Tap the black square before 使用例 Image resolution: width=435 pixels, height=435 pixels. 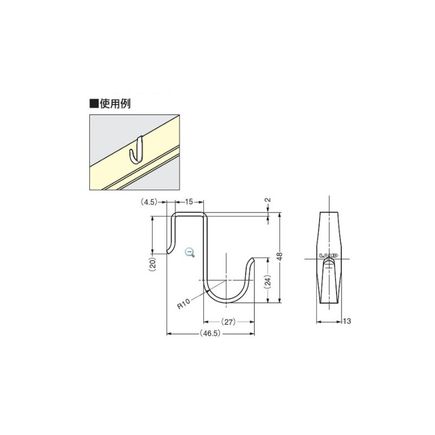tap(94, 103)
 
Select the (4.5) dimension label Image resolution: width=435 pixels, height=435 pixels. tap(149, 202)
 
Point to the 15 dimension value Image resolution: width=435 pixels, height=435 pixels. tap(190, 202)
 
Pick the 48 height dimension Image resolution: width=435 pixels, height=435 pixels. tap(279, 257)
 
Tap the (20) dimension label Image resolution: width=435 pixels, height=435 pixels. tap(153, 264)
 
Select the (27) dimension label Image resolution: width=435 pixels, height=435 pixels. tap(228, 321)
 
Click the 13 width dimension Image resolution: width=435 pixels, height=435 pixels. tap(346, 321)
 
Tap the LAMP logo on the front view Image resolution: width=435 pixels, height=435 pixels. tap(328, 255)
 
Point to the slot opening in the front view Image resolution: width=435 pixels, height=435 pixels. tap(328, 264)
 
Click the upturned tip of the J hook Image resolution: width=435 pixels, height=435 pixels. tap(252, 263)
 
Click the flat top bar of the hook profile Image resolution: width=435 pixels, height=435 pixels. tap(189, 214)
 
